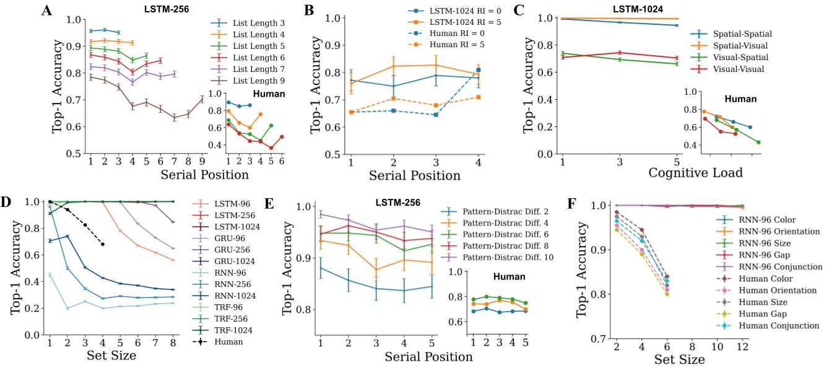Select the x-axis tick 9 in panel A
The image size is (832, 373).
(202, 164)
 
